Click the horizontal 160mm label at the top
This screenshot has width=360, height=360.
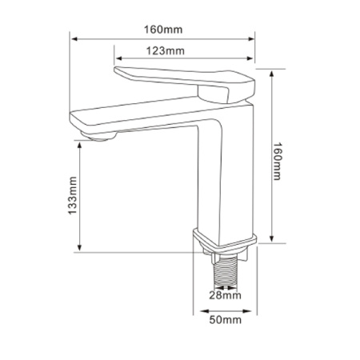pyautogui.click(x=163, y=30)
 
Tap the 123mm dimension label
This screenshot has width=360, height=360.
pyautogui.click(x=166, y=50)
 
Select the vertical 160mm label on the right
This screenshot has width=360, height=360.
pyautogui.click(x=277, y=162)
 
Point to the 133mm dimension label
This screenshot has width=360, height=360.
pyautogui.click(x=72, y=195)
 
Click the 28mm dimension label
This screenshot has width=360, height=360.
pyautogui.click(x=225, y=295)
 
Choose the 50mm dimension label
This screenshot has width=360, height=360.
pyautogui.click(x=226, y=320)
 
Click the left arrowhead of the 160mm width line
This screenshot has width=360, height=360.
pyautogui.click(x=74, y=39)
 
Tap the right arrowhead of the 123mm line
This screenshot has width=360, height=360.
pyautogui.click(x=250, y=58)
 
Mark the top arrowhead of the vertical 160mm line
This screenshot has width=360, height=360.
pyautogui.click(x=272, y=74)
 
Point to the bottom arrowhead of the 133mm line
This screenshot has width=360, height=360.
pyautogui.click(x=79, y=247)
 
